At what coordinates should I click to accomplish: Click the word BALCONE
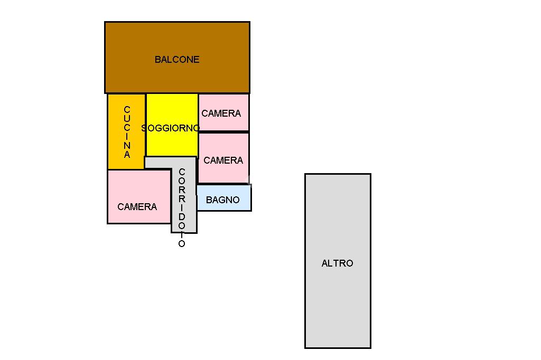[177, 60]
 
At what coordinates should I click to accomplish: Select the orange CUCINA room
[126, 132]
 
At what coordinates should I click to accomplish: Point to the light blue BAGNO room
[224, 198]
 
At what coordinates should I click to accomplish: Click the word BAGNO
[223, 200]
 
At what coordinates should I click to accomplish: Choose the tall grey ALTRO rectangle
[338, 261]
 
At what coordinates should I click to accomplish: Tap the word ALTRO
[338, 263]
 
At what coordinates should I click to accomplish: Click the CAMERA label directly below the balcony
[221, 113]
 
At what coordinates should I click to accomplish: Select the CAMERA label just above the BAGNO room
[223, 160]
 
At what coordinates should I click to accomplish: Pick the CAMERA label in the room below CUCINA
[137, 207]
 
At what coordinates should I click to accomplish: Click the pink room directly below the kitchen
[139, 196]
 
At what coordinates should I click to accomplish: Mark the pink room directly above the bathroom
[223, 158]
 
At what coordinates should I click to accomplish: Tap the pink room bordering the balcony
[223, 112]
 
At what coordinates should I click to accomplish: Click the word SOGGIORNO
[171, 128]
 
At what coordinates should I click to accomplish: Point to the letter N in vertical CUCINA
[127, 146]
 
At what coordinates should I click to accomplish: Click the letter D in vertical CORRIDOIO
[182, 217]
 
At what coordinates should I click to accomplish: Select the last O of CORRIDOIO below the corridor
[182, 244]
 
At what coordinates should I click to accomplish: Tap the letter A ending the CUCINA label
[127, 155]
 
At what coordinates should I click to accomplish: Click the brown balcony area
[178, 57]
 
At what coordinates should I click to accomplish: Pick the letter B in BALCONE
[157, 60]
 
